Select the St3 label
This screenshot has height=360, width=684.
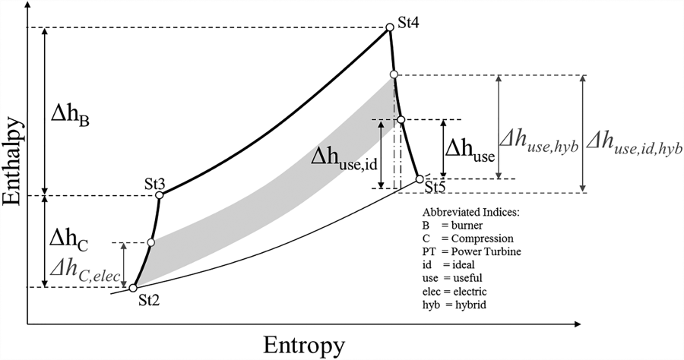pos(156,184)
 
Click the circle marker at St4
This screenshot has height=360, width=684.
pos(390,27)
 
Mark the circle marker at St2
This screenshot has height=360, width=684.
pos(133,288)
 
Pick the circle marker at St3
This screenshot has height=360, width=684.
pos(159,195)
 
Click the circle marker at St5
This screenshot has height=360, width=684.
pos(420,179)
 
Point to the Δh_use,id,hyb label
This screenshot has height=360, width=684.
pos(634,141)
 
